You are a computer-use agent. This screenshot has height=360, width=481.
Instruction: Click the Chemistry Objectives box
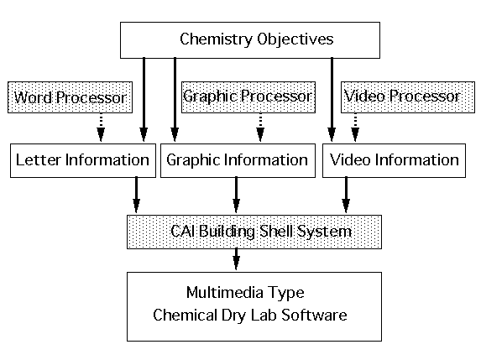point(250,40)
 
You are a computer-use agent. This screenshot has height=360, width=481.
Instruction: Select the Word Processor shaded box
point(70,97)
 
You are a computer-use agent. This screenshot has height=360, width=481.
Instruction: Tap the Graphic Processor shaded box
point(248,97)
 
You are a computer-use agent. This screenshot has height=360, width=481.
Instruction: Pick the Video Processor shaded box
point(408,97)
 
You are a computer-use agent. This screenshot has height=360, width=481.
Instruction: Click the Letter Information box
point(83,160)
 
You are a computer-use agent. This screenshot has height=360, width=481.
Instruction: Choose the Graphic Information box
point(238,160)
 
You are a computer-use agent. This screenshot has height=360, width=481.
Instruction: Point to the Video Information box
point(394,160)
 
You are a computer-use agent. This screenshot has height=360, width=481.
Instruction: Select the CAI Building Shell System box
point(254,232)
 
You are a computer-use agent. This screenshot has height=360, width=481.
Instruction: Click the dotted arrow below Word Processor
point(101,128)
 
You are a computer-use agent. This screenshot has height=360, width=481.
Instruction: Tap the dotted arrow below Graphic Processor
point(260,128)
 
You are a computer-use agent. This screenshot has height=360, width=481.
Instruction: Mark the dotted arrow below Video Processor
point(355,128)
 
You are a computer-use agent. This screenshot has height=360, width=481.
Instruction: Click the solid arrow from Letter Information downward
point(137,195)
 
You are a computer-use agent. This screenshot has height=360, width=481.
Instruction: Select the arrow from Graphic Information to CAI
point(236,195)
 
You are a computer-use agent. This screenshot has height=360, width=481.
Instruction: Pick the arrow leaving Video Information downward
point(346,195)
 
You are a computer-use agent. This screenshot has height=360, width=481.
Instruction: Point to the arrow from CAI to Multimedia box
point(236,259)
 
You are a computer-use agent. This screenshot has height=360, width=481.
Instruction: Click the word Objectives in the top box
point(295,39)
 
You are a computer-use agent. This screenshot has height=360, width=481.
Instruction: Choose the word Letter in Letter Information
point(39,159)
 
